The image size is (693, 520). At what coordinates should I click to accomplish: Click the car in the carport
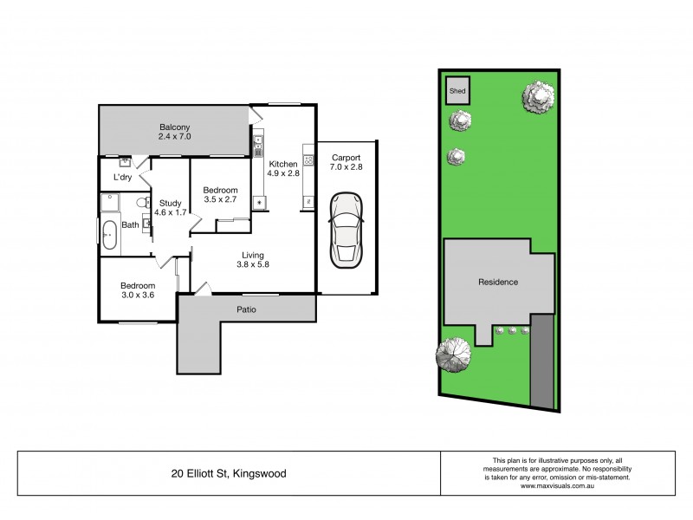pos(346,229)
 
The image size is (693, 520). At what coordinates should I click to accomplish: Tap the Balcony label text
pos(174,124)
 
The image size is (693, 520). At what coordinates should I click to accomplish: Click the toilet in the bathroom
pos(144,203)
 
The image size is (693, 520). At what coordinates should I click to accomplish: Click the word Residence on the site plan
pos(498,282)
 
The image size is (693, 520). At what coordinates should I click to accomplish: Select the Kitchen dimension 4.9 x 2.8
pos(283,174)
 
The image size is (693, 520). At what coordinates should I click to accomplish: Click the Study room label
pos(170,203)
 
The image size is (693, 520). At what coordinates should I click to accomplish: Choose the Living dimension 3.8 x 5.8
pos(253,265)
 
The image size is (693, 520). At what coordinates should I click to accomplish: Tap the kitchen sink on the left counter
pos(258,142)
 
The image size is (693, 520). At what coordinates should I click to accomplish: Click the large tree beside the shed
pos(538,97)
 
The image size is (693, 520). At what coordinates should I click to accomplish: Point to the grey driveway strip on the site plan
pos(542,361)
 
